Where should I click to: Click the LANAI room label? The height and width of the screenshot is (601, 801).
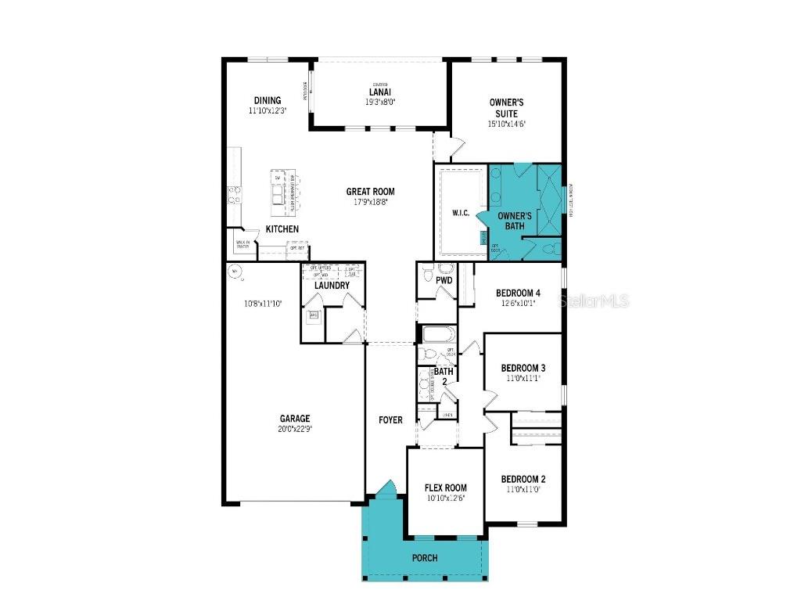pos(380,92)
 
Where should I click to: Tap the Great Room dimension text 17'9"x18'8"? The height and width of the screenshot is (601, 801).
pos(370,202)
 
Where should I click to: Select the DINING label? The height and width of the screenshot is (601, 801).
pos(267,100)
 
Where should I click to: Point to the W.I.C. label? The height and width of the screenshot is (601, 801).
pos(461,214)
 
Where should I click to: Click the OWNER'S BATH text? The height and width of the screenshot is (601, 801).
pos(515,221)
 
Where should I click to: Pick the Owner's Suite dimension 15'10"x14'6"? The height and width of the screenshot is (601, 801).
pos(506,124)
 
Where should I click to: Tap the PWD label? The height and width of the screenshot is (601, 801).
pos(444,280)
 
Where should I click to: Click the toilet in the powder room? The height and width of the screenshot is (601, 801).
pos(427,275)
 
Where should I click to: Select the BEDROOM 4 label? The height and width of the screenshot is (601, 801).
pos(518,293)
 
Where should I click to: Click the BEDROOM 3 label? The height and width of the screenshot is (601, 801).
pos(523,368)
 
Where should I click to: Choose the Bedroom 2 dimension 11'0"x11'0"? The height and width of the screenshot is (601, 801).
pos(523,489)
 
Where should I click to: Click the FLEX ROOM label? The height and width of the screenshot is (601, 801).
pos(446,488)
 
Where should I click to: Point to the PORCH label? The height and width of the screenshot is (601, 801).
pos(424,558)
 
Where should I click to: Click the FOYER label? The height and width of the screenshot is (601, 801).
pos(390,420)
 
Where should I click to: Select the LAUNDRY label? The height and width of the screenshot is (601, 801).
pos(332,286)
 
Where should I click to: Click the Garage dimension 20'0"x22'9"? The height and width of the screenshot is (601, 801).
pos(296,429)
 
